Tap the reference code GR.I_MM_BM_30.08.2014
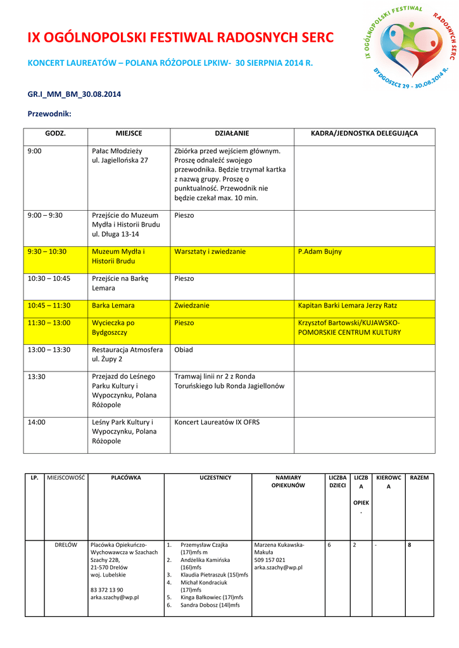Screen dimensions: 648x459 tap(74, 94)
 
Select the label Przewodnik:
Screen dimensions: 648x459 tap(49, 114)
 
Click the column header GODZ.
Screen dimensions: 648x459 tap(55, 134)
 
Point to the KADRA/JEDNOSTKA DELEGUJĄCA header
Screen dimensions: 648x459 tap(364, 134)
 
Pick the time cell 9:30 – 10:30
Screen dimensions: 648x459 tap(47, 251)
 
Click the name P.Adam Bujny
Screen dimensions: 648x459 tap(320, 251)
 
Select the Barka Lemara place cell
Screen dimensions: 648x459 tap(113, 305)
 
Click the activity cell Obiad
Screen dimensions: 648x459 tap(184, 349)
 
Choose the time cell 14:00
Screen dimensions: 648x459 tap(37, 422)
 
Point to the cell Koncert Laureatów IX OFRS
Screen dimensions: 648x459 tap(217, 422)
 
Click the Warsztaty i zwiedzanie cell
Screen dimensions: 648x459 tap(210, 251)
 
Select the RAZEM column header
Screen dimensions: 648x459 tap(419, 477)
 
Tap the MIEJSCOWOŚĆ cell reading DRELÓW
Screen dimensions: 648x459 tap(66, 544)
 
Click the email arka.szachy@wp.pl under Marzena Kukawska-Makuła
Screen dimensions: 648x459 tap(278, 568)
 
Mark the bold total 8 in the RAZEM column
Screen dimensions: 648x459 tap(410, 544)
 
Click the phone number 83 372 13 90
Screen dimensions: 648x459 tap(107, 590)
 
